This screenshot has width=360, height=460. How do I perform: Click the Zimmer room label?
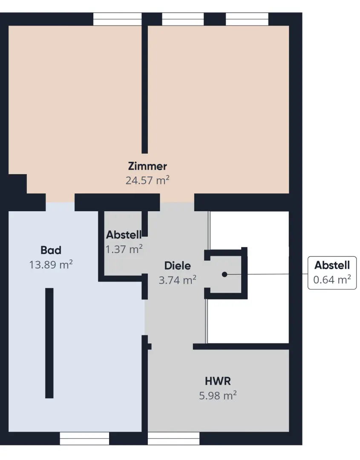tap(147, 166)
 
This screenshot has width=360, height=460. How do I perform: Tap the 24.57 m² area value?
tap(147, 180)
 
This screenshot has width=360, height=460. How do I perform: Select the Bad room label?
tap(51, 250)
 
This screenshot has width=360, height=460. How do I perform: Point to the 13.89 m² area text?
tap(51, 264)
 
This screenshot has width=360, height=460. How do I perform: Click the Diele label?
tap(178, 266)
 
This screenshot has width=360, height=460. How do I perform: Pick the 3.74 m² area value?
tap(178, 280)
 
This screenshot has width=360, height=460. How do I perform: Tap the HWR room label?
tap(218, 381)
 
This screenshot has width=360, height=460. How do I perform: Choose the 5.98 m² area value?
tap(218, 395)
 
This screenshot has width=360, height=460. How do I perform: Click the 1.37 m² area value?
tap(124, 249)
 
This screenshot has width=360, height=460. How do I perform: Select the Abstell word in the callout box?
tap(332, 265)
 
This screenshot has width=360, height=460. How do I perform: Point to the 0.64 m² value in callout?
tap(332, 279)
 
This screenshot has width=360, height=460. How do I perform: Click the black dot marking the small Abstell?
tap(225, 274)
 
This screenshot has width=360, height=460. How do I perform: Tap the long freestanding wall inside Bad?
tap(49, 343)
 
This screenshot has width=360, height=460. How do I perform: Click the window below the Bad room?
tap(84, 438)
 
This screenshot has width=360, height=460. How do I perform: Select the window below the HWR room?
tap(173, 438)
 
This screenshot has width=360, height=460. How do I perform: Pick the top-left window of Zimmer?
tap(117, 19)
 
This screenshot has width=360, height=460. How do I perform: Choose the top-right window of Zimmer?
tap(247, 19)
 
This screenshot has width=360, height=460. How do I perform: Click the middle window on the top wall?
tap(183, 19)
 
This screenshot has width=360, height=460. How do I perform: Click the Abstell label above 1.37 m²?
tap(124, 235)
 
